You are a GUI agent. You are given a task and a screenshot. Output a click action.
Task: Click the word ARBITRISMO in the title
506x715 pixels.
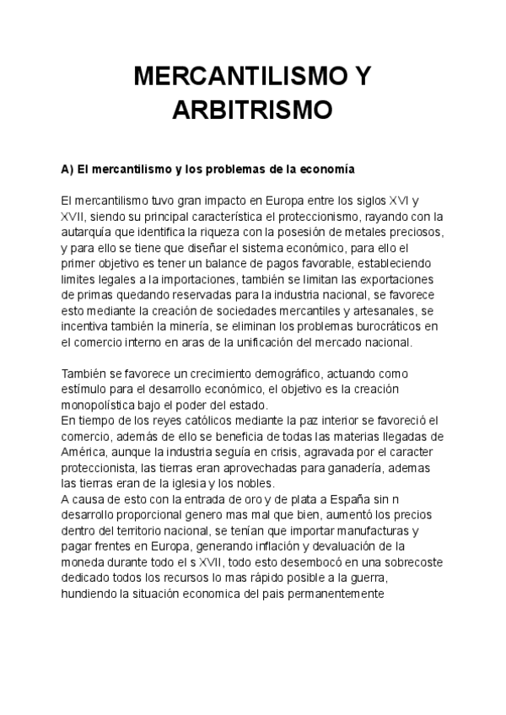click(253, 110)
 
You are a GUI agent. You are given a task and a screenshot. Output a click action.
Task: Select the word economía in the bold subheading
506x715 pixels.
click(326, 169)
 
